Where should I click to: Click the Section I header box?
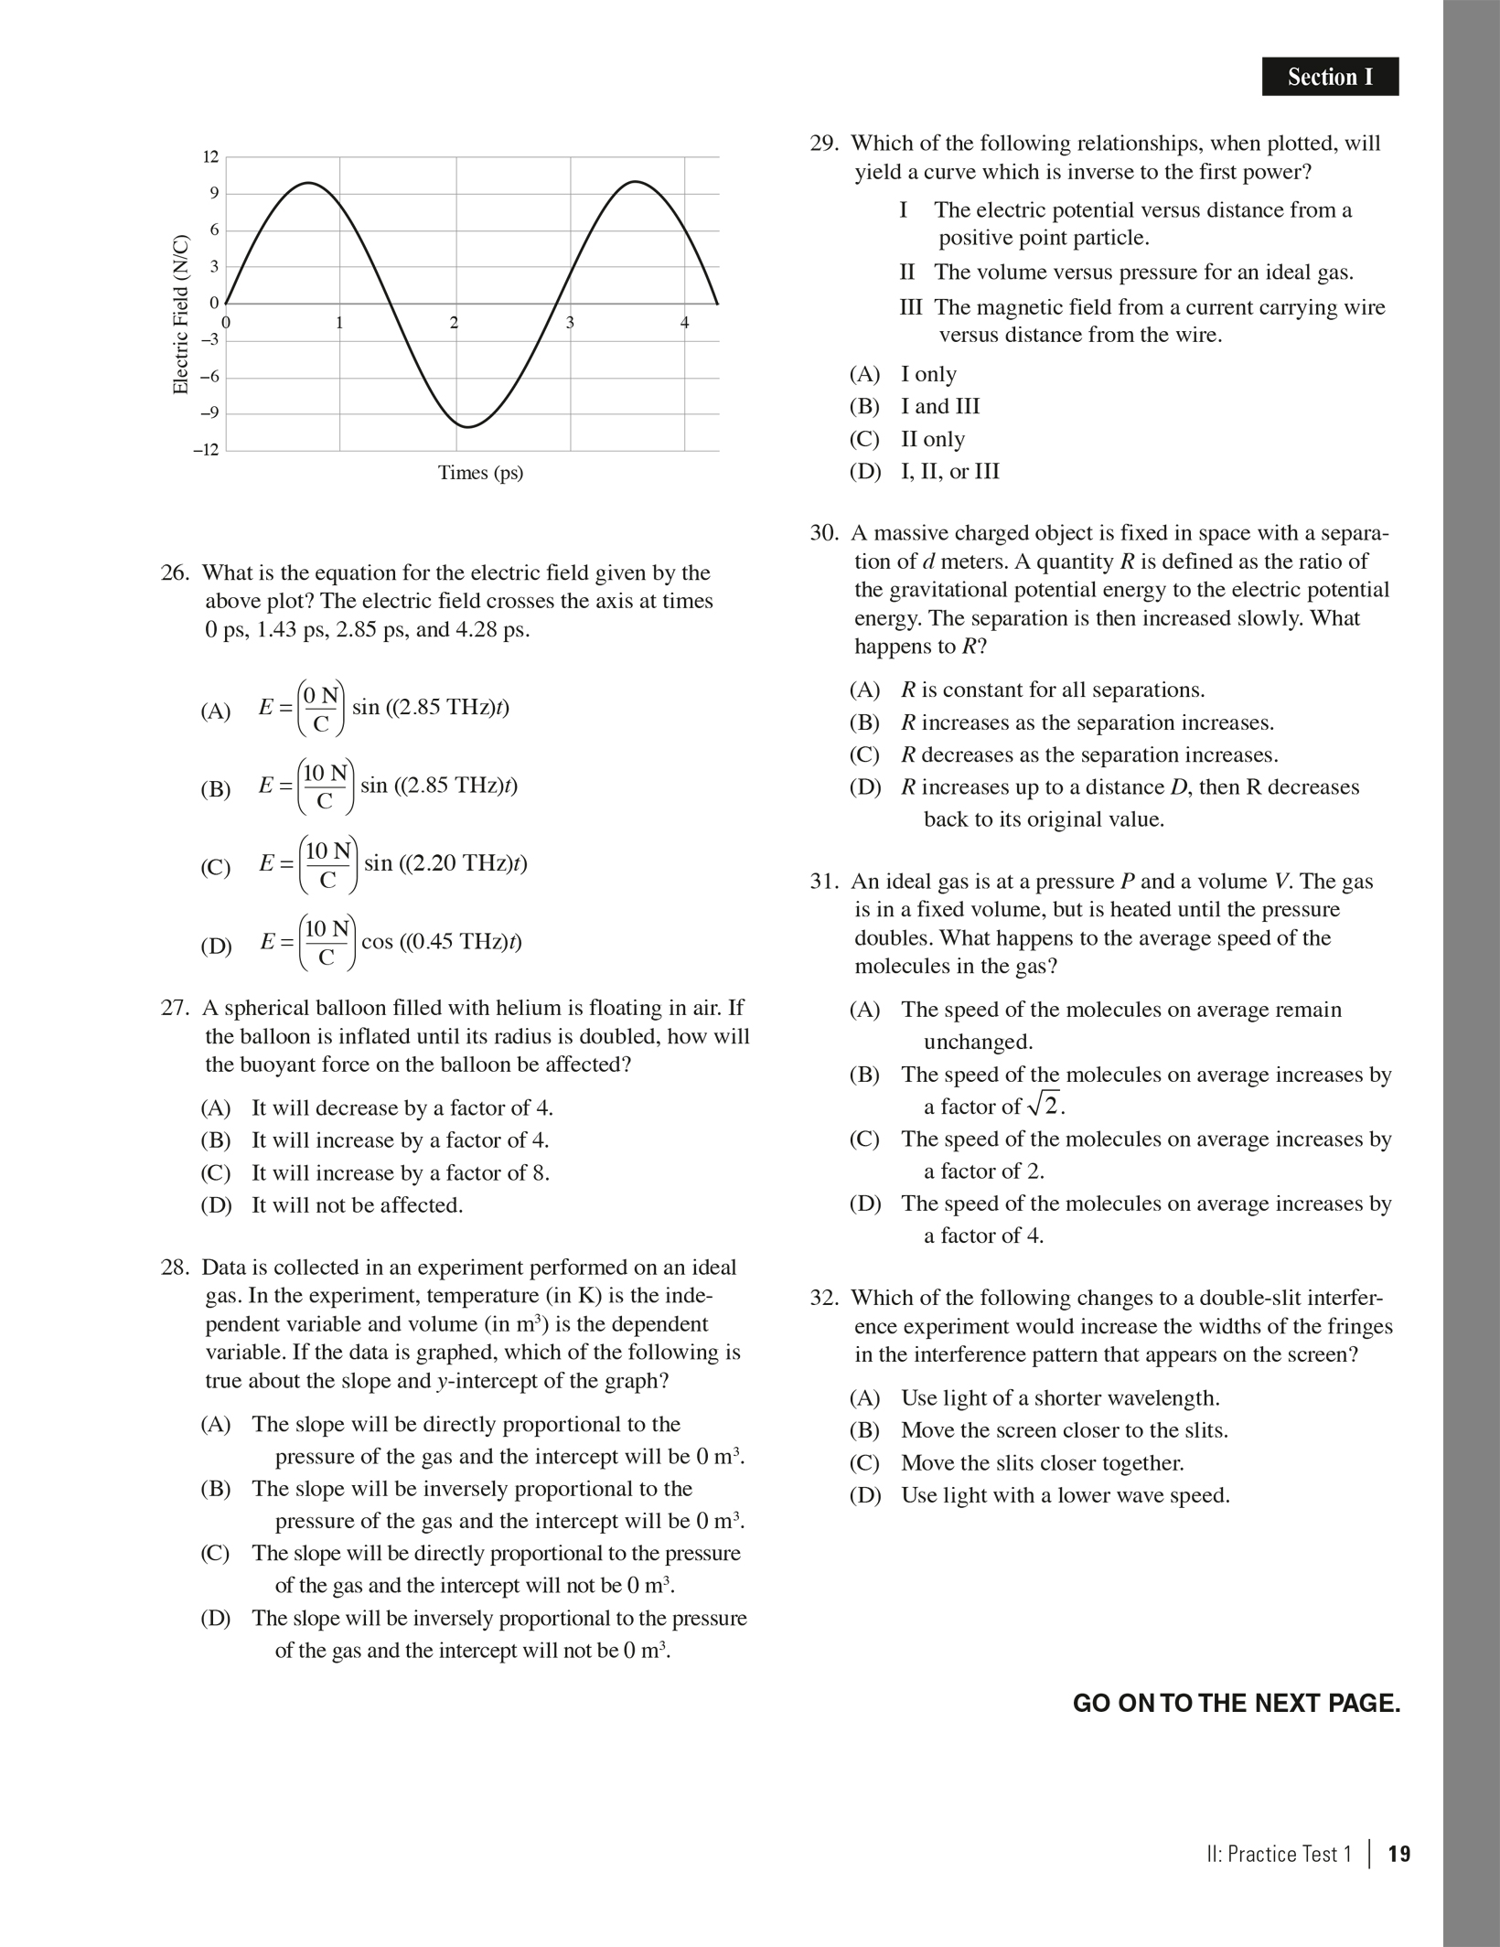pyautogui.click(x=1329, y=77)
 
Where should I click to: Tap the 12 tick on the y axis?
pyautogui.click(x=210, y=157)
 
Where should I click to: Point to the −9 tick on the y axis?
pyautogui.click(x=209, y=413)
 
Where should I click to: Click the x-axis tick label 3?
pyautogui.click(x=569, y=322)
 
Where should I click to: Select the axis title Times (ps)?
pyautogui.click(x=480, y=473)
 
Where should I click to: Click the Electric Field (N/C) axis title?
pyautogui.click(x=180, y=316)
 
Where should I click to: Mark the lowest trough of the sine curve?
pyautogui.click(x=467, y=426)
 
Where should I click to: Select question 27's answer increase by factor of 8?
pyautogui.click(x=401, y=1172)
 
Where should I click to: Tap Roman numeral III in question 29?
pyautogui.click(x=910, y=307)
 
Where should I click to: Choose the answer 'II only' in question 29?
pyautogui.click(x=932, y=439)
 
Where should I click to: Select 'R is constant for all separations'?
pyautogui.click(x=1052, y=690)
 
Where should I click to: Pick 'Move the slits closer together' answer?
pyautogui.click(x=1042, y=1462)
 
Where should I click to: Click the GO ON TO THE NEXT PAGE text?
pyautogui.click(x=1236, y=1704)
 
